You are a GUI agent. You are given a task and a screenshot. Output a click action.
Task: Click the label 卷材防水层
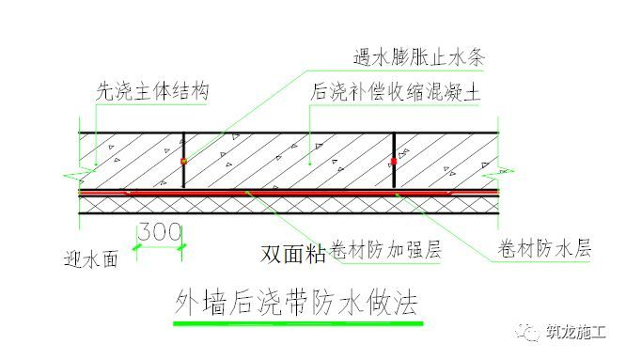pyautogui.click(x=541, y=252)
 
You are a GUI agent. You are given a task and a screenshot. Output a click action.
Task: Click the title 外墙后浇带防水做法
pyautogui.click(x=294, y=303)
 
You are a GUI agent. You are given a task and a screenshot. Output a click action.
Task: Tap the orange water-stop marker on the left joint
pyautogui.click(x=183, y=162)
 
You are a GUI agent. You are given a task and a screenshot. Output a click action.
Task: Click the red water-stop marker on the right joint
pyautogui.click(x=394, y=162)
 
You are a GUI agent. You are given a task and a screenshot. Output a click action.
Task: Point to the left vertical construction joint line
pyautogui.click(x=183, y=146)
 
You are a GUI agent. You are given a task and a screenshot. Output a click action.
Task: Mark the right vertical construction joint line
pyautogui.click(x=394, y=146)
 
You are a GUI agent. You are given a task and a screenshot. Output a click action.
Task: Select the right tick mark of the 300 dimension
pyautogui.click(x=183, y=247)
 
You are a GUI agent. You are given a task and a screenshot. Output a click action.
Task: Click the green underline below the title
pyautogui.click(x=294, y=323)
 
